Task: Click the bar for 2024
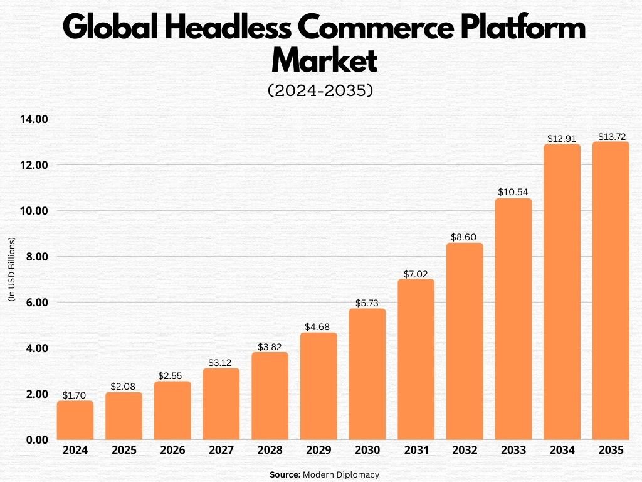point(75,420)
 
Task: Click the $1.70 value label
point(75,395)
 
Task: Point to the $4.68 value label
point(318,327)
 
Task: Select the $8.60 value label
point(465,238)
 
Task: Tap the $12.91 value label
point(562,139)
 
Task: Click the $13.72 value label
point(611,136)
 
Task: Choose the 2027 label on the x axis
point(221,451)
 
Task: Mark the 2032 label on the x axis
point(465,451)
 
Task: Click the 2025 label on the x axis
point(124,451)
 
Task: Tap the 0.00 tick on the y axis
point(37,440)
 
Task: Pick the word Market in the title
point(324,61)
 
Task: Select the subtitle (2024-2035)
point(320,90)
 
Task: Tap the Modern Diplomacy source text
point(341,475)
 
